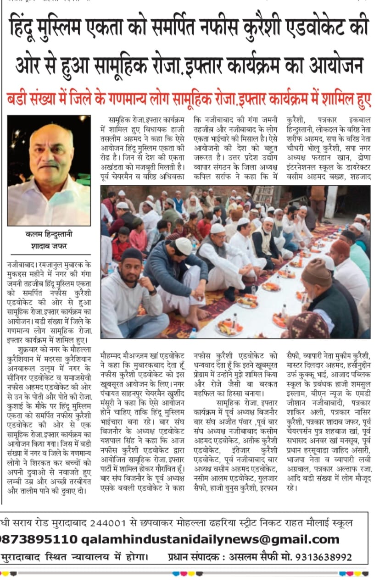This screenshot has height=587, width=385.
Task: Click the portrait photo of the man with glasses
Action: (x=49, y=170)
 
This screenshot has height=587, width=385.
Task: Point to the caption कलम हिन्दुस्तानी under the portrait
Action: (x=49, y=234)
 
